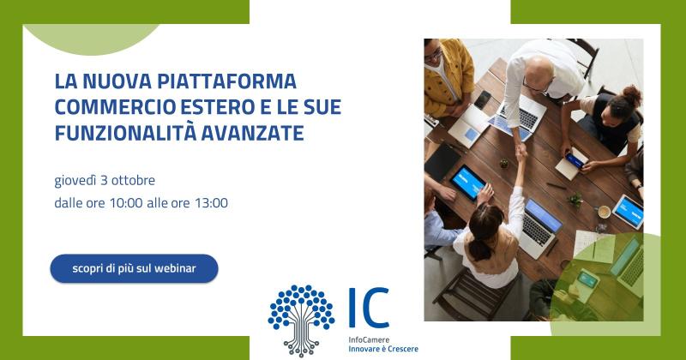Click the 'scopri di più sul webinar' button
tap(134, 268)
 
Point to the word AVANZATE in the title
tap(252, 134)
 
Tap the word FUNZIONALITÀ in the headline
tap(125, 133)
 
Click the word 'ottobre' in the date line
tap(134, 180)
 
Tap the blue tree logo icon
tap(301, 321)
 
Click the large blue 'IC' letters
tap(369, 308)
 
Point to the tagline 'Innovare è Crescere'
tap(383, 349)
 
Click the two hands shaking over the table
tap(521, 152)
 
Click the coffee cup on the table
tap(605, 213)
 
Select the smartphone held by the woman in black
tap(575, 160)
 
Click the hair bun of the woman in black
tap(632, 94)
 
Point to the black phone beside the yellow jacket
tap(482, 99)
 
